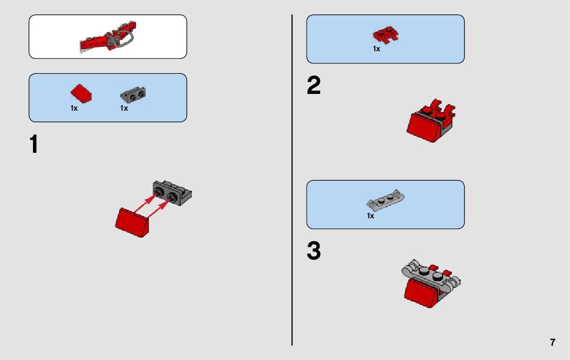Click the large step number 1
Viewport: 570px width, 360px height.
pos(34,144)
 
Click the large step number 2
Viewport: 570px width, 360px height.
pos(314,85)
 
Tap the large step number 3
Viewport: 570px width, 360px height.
pos(314,250)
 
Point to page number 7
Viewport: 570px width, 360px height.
pos(553,343)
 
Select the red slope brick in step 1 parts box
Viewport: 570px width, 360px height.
pos(81,93)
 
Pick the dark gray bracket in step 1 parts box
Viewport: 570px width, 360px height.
pos(132,95)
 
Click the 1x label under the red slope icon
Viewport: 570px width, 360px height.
pos(74,108)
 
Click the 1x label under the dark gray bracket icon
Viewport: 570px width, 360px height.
pos(124,108)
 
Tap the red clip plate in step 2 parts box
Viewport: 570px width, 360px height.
pos(385,35)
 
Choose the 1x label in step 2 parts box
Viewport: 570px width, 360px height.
pos(377,49)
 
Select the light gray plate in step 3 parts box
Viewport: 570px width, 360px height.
pos(385,200)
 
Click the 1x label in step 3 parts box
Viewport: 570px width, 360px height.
pos(371,216)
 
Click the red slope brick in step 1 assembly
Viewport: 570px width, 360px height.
pos(132,222)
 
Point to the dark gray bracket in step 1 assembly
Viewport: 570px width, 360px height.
pos(172,193)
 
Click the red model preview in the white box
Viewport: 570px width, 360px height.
pos(108,37)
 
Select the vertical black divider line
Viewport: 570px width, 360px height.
pos(292,180)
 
